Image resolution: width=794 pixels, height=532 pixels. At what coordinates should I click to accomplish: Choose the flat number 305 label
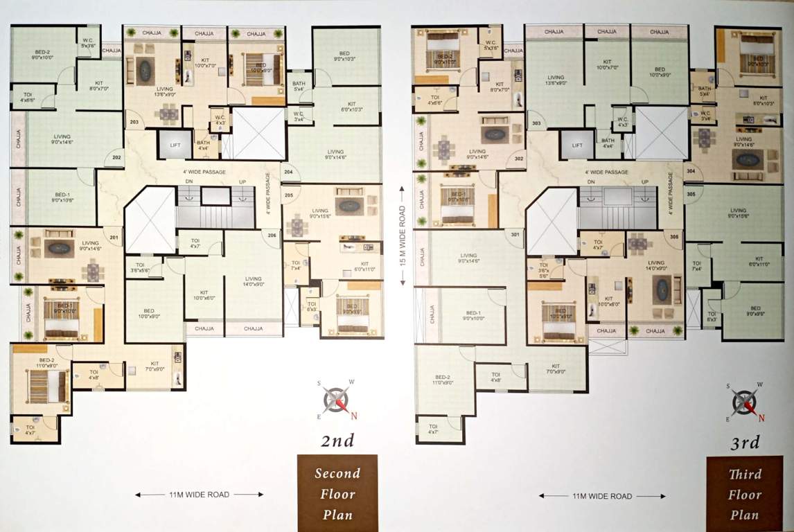[x=691, y=194]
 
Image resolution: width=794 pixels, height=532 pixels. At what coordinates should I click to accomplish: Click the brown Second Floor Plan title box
[x=337, y=493]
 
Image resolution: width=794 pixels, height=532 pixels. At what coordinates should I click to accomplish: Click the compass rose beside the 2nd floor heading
[x=337, y=400]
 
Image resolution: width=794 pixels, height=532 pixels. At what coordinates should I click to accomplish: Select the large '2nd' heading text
[x=337, y=441]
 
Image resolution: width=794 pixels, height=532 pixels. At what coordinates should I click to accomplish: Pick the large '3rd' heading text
[x=744, y=442]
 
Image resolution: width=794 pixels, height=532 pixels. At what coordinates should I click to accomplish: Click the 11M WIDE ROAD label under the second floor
[x=199, y=495]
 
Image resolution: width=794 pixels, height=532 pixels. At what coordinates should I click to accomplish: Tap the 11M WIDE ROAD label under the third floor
[x=602, y=496]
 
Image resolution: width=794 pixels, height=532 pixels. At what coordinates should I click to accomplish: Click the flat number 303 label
[x=536, y=123]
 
